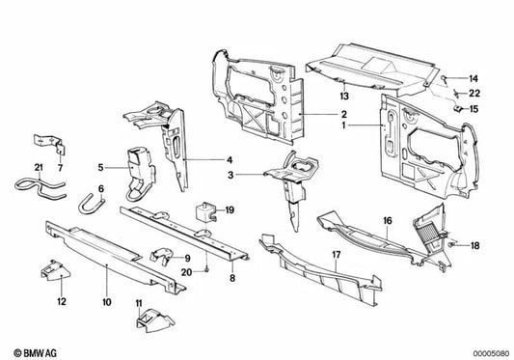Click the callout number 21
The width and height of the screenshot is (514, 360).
click(40, 169)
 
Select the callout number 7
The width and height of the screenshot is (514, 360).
click(60, 169)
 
